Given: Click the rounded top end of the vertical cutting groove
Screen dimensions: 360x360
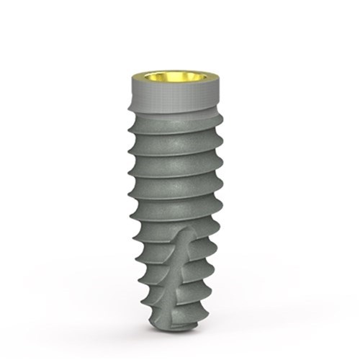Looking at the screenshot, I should (x=185, y=234).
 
